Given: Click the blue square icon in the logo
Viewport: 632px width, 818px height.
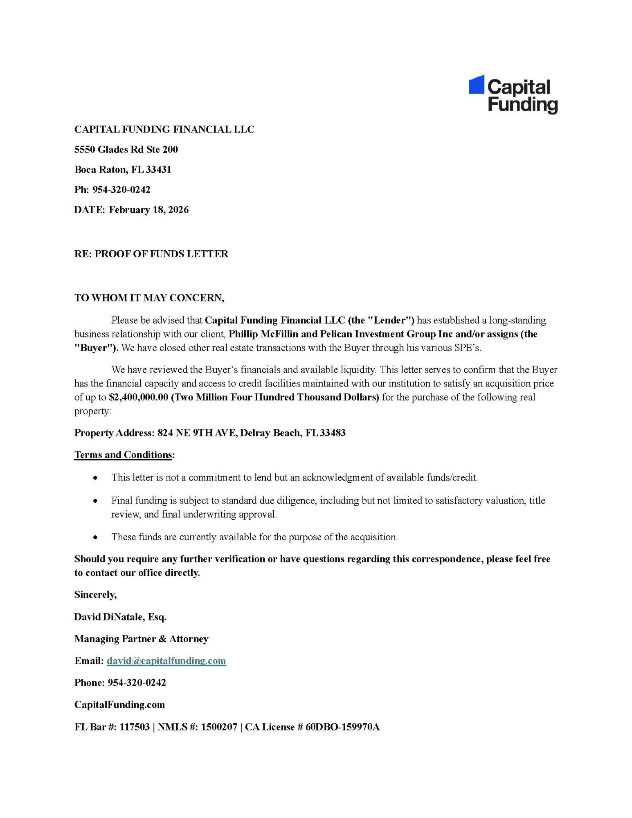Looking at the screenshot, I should (x=476, y=85).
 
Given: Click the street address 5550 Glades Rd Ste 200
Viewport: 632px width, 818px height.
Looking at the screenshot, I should (x=126, y=150).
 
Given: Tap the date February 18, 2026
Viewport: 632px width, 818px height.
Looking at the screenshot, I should (x=148, y=210).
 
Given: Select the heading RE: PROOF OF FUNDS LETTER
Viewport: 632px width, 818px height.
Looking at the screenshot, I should (x=151, y=254).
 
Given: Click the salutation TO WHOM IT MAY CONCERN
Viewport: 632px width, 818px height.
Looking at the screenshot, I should (x=149, y=298).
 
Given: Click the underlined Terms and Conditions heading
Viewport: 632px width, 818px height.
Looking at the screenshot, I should (x=123, y=455).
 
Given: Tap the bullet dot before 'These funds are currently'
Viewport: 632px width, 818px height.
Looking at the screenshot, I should (x=95, y=537).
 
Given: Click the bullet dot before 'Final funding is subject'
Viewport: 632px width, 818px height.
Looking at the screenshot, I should (x=95, y=501).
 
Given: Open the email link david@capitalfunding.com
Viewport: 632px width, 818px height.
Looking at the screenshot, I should (x=166, y=661).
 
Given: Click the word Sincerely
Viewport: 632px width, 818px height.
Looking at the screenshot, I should (x=95, y=595).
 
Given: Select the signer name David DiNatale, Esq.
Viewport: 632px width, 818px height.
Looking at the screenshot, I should (x=120, y=617).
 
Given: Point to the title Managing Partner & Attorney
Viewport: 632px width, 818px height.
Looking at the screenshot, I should (x=141, y=639).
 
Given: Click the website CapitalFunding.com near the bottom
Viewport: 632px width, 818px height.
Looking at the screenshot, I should (x=119, y=705).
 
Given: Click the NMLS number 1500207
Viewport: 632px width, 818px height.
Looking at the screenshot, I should (x=219, y=727).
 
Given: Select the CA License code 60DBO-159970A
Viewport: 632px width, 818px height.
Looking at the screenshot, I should (x=342, y=727).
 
